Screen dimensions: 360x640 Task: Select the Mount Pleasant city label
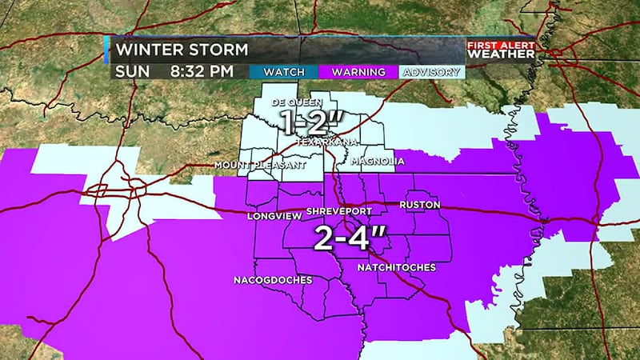[249, 166]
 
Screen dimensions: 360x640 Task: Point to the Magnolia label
[378, 161]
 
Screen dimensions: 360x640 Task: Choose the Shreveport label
[340, 211]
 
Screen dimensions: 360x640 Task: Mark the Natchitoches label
[396, 267]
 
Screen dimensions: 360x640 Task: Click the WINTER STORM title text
[182, 50]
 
